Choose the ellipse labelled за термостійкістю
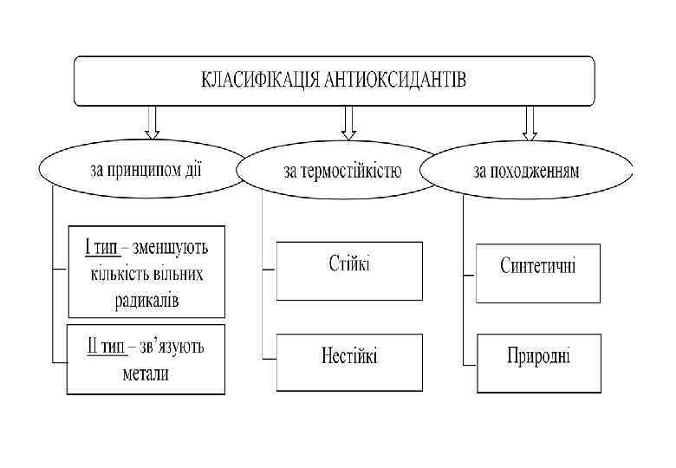click(x=343, y=170)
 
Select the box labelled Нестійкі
click(x=349, y=356)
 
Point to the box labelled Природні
click(x=538, y=356)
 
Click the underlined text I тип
click(x=101, y=247)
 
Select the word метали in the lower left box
click(x=146, y=374)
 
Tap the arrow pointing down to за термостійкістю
click(x=349, y=122)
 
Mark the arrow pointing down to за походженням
click(x=530, y=122)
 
